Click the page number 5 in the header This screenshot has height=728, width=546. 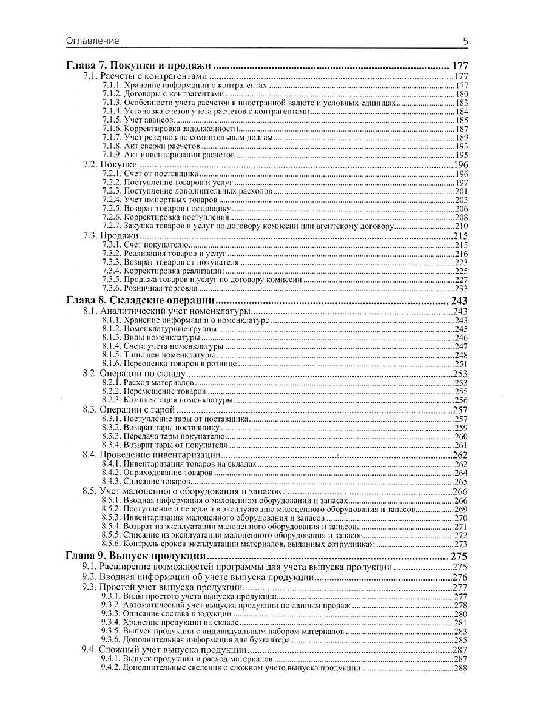click(x=465, y=41)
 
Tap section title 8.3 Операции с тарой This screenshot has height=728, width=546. click(x=125, y=409)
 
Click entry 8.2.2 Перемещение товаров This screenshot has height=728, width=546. click(x=155, y=392)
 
